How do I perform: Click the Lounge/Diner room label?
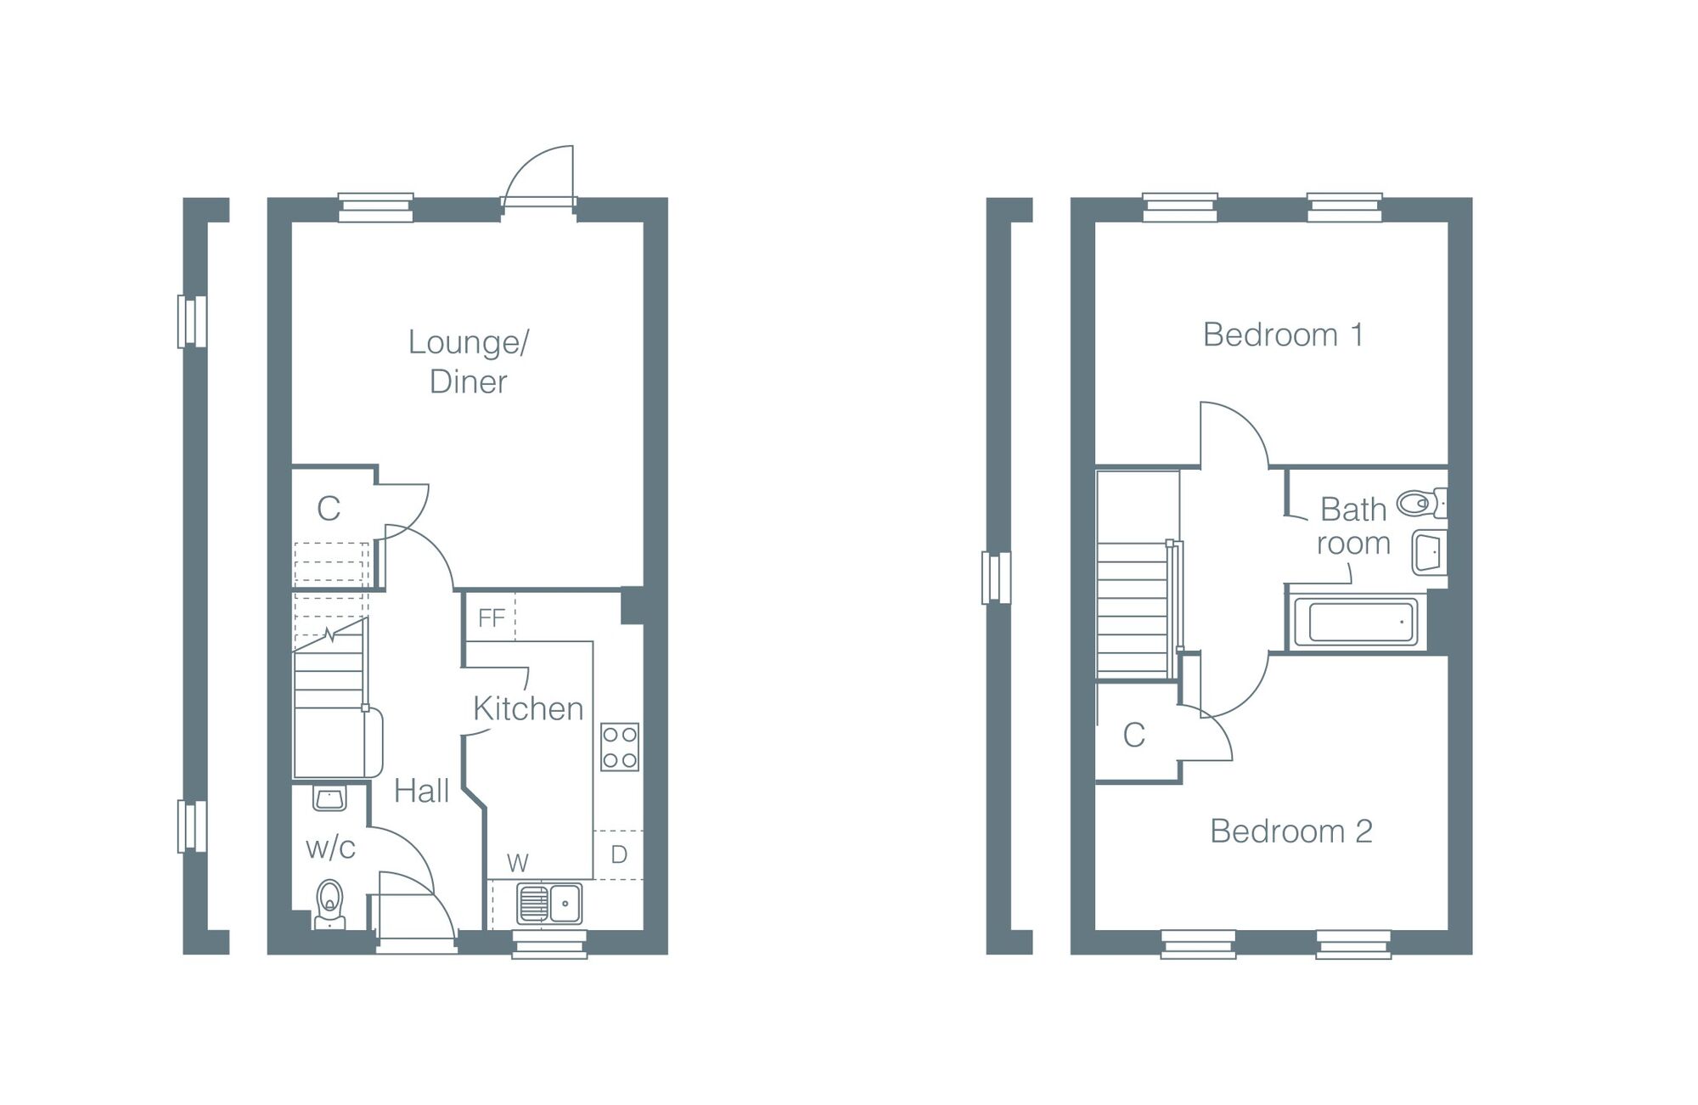469,362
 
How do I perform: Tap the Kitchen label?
528,708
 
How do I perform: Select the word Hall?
421,791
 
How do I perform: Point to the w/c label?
330,847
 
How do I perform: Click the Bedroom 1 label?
1283,335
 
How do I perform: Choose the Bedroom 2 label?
1290,831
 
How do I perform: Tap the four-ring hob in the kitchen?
620,747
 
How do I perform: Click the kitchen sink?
549,903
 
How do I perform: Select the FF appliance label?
492,617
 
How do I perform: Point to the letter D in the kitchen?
619,854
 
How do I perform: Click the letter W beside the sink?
517,863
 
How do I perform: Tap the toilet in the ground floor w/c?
329,903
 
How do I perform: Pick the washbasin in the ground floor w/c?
329,798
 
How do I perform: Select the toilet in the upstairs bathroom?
1420,504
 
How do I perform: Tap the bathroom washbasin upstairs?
1428,552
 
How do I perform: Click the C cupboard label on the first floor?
1133,736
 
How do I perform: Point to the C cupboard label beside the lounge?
329,509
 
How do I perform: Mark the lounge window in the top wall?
376,208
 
